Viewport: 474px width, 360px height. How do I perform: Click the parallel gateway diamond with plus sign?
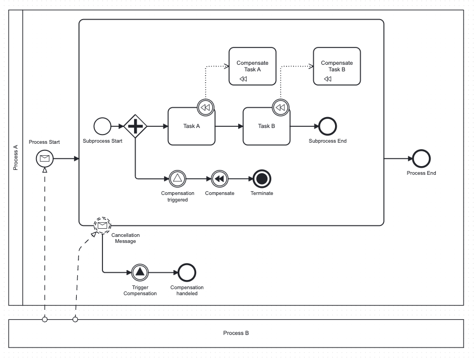(135, 126)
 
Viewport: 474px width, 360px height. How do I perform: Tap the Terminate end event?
(262, 179)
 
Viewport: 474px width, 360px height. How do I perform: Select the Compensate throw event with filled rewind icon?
(220, 179)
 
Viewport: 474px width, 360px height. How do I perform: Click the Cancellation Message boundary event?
(102, 225)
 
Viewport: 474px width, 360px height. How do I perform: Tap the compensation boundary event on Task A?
(205, 107)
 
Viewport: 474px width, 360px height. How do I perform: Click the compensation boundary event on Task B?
(281, 107)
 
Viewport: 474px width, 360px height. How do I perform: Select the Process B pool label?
(236, 333)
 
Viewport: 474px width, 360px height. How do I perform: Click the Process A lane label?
(15, 157)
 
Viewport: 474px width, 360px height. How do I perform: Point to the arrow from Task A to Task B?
(229, 126)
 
